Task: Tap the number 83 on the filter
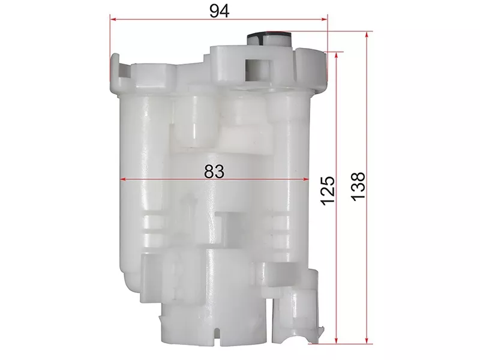(x=214, y=171)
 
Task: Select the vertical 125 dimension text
(x=327, y=191)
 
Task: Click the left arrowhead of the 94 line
(x=113, y=19)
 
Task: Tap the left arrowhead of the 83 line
(x=124, y=179)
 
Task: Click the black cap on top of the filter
(x=269, y=37)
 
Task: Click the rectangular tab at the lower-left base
(x=151, y=276)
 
